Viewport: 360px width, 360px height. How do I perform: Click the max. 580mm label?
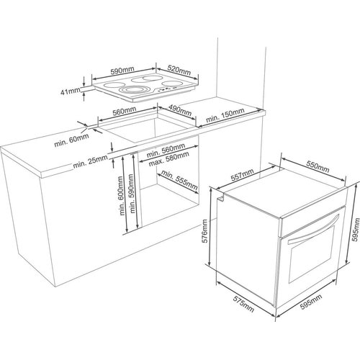[x=165, y=158]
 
